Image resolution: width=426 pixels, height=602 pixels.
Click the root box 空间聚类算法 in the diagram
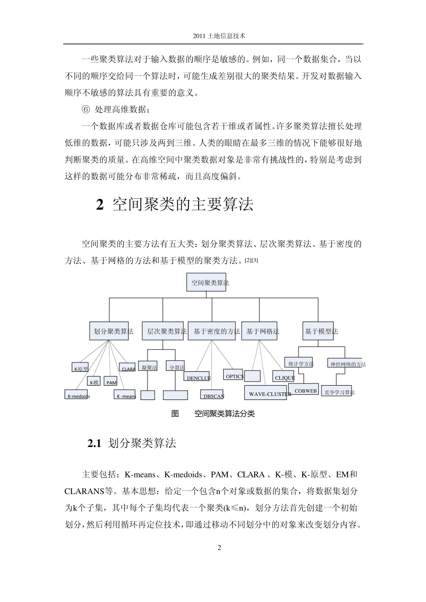[206, 283]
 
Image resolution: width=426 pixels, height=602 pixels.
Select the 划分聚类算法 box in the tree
[109, 331]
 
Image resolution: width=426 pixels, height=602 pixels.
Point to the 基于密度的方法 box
[211, 331]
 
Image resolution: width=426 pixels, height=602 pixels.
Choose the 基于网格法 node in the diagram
[259, 331]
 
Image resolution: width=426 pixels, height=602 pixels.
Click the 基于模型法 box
[318, 331]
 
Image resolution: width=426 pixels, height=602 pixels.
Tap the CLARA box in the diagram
[128, 369]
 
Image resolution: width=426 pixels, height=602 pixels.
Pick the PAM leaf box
[111, 383]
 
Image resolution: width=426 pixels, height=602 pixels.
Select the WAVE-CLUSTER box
[265, 394]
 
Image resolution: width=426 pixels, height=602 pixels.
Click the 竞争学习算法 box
[336, 392]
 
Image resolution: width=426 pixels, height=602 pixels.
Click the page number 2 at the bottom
[219, 547]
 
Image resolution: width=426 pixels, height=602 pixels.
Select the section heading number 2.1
[96, 443]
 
